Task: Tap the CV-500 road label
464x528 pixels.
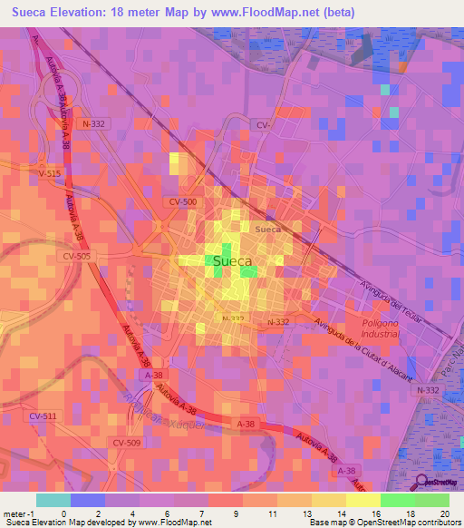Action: click(x=182, y=201)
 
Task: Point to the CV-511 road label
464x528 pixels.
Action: click(x=43, y=416)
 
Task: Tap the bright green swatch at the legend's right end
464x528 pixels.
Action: click(x=432, y=500)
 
